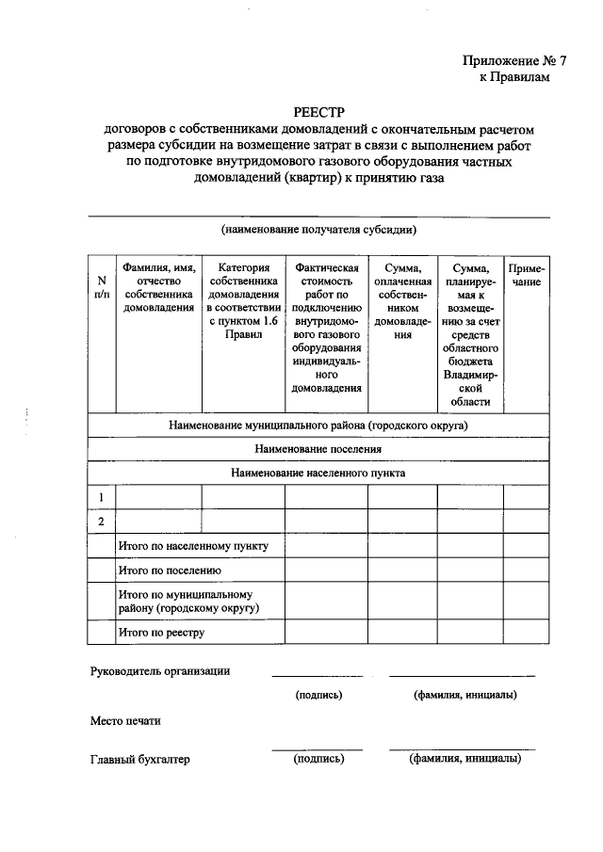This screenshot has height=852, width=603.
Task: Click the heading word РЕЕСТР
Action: point(318,110)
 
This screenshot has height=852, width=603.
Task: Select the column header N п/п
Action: point(101,287)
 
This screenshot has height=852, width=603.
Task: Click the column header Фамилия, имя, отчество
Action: point(158,287)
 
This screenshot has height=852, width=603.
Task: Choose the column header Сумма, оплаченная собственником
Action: point(402,301)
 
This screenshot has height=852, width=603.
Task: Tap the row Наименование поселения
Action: point(318,449)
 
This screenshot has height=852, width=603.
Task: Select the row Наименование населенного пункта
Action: point(318,473)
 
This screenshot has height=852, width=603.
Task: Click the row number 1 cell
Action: point(101,497)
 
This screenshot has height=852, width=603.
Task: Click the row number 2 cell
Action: point(101,522)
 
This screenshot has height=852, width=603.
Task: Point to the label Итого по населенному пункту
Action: point(193,546)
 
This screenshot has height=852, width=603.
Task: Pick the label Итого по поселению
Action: point(170,571)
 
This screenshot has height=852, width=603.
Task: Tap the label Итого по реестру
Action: point(161,633)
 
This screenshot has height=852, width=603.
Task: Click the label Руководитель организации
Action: point(160,671)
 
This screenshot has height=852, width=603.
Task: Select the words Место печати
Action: point(125,721)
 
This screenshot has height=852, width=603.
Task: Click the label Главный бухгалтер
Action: point(140,760)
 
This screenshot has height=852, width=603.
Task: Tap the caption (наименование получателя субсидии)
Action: point(318,229)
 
